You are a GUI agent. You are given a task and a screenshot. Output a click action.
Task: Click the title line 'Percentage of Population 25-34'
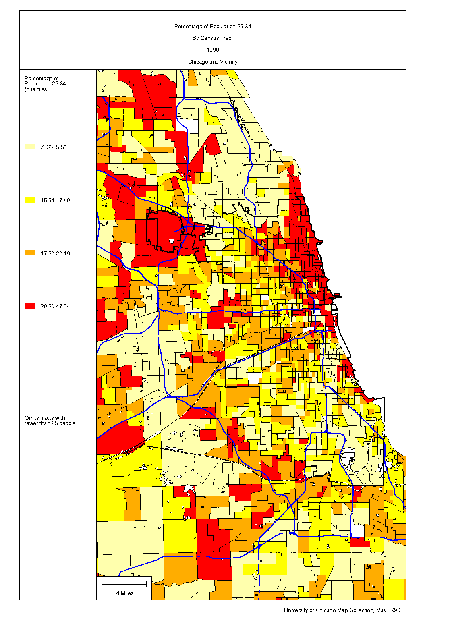[x=212, y=26]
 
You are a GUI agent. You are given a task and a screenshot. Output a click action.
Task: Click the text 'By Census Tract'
[x=212, y=38]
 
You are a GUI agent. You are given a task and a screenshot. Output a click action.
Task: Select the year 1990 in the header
[x=213, y=50]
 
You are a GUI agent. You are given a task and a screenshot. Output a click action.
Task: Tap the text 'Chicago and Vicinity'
[x=212, y=62]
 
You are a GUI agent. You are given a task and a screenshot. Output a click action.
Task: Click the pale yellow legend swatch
[x=30, y=147]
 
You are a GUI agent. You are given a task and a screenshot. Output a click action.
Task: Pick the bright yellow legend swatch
[x=30, y=200]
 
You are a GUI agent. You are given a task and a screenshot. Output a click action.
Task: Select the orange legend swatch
[x=30, y=253]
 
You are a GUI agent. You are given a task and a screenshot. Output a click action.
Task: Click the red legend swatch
[x=30, y=306]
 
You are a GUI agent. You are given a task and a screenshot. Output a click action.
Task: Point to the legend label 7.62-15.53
[x=53, y=147]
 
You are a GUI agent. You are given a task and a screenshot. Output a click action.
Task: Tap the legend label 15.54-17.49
[x=55, y=200]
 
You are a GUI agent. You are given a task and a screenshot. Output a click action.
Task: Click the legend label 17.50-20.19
[x=55, y=253]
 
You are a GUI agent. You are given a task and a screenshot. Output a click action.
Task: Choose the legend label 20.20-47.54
[x=55, y=306]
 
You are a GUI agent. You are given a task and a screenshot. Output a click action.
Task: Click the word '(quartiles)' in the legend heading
[x=36, y=89]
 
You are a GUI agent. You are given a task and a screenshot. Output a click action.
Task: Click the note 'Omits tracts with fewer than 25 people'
[x=50, y=421]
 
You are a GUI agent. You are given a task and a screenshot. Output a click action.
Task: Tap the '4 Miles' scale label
[x=124, y=593]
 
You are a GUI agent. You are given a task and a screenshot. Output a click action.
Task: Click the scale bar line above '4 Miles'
[x=124, y=584]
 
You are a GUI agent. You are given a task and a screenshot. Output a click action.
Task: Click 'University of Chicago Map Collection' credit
[x=328, y=610]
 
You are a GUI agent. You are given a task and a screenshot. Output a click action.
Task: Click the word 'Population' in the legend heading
[x=37, y=84]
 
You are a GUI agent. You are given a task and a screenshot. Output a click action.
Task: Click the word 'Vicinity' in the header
[x=228, y=62]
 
